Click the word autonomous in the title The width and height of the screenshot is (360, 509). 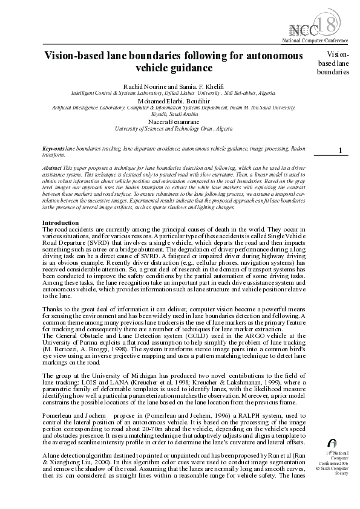[x=269, y=56]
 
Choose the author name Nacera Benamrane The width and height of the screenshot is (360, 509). [x=173, y=122]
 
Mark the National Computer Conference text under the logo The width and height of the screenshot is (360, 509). [x=315, y=40]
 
